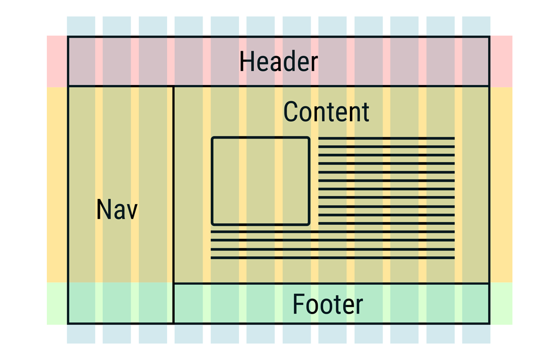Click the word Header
[x=278, y=62]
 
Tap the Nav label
[x=117, y=209]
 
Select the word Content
[x=326, y=112]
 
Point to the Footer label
[x=328, y=304]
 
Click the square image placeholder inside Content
[x=260, y=181]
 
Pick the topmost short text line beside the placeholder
[x=386, y=138]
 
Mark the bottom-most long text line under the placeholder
[x=332, y=257]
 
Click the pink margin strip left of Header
[x=57, y=61]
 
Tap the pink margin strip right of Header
[x=501, y=61]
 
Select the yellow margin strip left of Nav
[x=57, y=184]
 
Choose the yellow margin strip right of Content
[x=501, y=184]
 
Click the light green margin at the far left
[x=57, y=303]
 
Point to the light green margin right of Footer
[x=501, y=303]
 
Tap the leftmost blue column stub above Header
[x=81, y=26]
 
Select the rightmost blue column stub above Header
[x=476, y=26]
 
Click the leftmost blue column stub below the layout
[x=81, y=334]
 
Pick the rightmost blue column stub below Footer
[x=476, y=334]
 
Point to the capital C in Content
[x=291, y=112]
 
